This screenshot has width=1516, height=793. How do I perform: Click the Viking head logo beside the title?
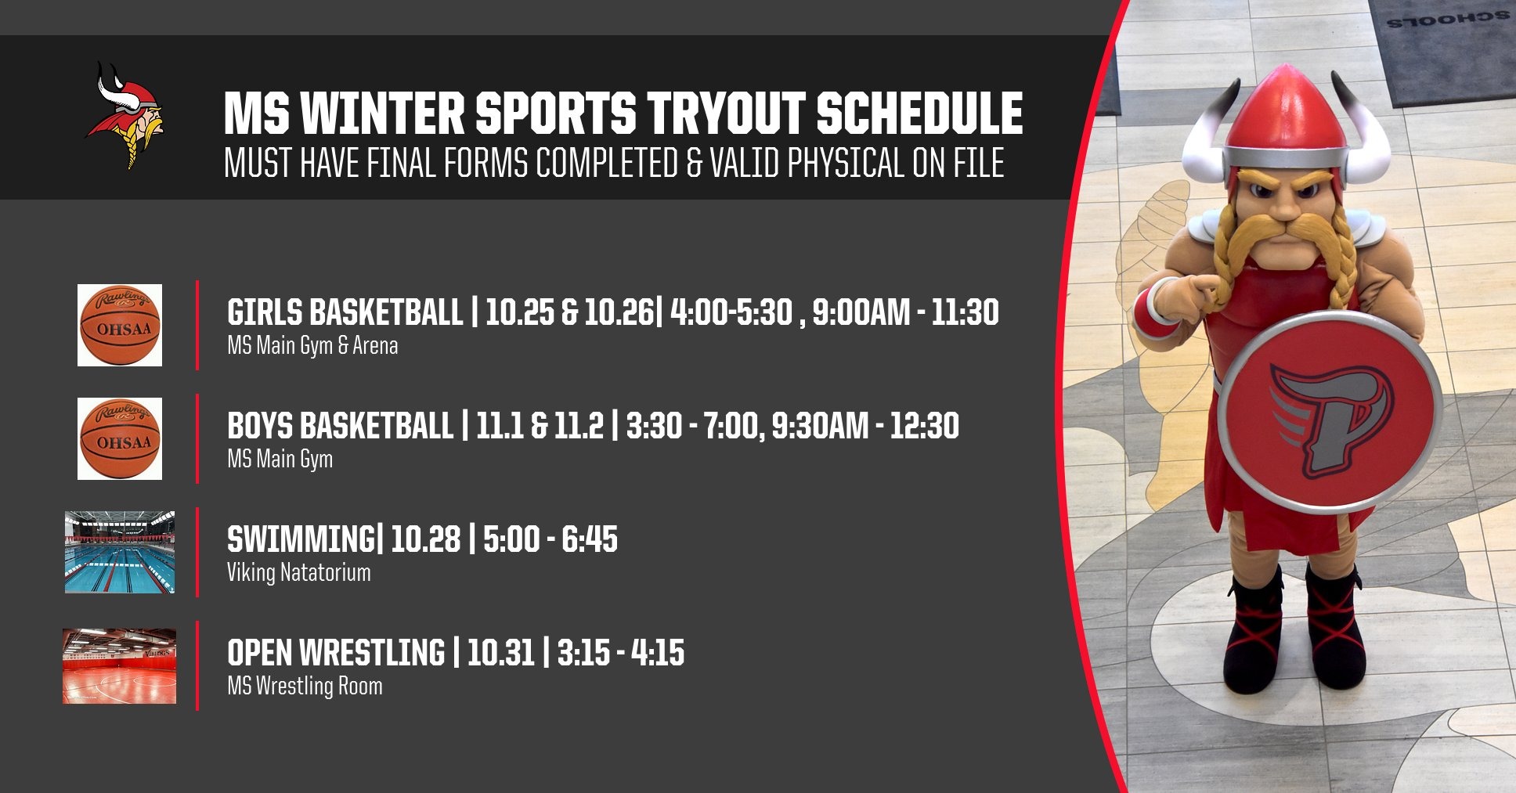point(125,115)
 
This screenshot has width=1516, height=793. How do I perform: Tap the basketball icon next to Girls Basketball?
point(120,325)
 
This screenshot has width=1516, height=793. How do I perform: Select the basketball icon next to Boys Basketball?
point(120,438)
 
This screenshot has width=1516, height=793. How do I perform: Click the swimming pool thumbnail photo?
point(120,552)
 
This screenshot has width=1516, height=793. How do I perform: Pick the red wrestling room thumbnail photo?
point(120,665)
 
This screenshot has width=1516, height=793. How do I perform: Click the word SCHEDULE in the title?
point(920,114)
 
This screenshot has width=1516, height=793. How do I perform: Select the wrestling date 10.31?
point(500,653)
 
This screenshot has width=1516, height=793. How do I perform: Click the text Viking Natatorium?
point(299,572)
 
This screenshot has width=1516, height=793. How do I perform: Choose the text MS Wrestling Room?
point(305,686)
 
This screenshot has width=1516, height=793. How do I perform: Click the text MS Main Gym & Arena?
point(312,345)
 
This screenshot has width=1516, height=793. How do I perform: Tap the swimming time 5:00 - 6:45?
point(550,539)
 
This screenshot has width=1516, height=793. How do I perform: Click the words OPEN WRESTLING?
point(336,653)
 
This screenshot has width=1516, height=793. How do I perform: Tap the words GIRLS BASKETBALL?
point(345,312)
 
